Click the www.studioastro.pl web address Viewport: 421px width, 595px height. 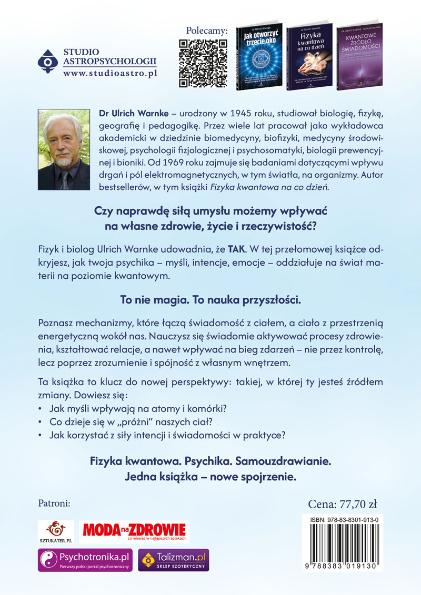[109, 74]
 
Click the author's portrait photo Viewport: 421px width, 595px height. [64, 150]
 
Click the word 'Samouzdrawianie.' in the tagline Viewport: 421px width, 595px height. [285, 461]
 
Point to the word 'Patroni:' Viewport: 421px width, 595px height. [55, 503]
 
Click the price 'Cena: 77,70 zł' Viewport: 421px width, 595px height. [342, 504]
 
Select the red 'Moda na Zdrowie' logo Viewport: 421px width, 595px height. [133, 531]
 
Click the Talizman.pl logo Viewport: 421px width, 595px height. [173, 559]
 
